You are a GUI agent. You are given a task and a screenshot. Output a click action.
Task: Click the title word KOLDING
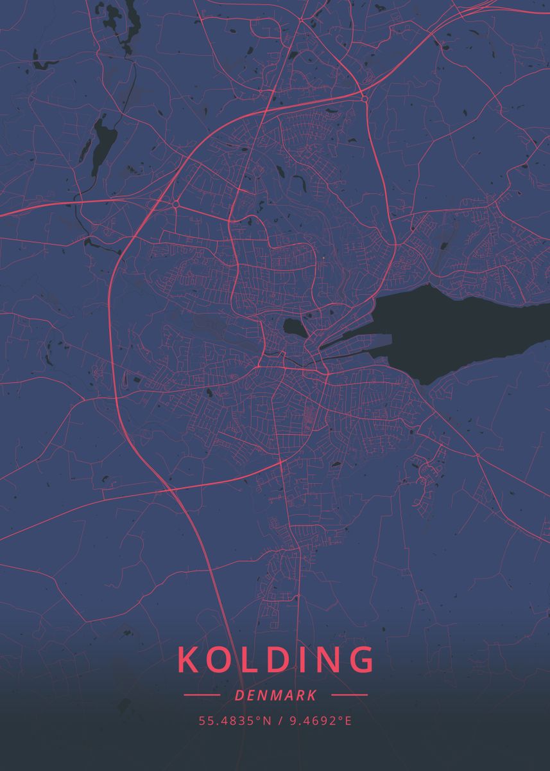pyautogui.click(x=275, y=659)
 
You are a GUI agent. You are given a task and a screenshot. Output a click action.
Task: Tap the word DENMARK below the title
pyautogui.click(x=275, y=695)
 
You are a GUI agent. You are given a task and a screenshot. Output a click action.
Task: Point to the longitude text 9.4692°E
pyautogui.click(x=320, y=721)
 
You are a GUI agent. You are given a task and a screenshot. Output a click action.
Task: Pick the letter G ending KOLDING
pyautogui.click(x=362, y=659)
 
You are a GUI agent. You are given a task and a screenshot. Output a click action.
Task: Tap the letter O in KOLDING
pyautogui.click(x=218, y=659)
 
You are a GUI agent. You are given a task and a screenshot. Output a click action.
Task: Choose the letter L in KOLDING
pyautogui.click(x=247, y=659)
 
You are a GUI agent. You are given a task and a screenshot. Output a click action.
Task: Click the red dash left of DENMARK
pyautogui.click(x=202, y=695)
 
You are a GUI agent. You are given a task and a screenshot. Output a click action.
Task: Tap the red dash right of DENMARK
pyautogui.click(x=350, y=695)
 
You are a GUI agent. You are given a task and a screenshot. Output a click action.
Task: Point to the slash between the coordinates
pyautogui.click(x=280, y=721)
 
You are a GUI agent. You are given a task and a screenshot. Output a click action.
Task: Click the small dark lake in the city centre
pyautogui.click(x=294, y=328)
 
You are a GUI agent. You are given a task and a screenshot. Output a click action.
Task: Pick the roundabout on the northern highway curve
pyautogui.click(x=364, y=98)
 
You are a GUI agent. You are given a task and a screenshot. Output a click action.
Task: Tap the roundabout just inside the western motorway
pyautogui.click(x=175, y=204)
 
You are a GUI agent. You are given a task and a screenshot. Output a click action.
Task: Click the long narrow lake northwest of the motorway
pyautogui.click(x=101, y=145)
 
